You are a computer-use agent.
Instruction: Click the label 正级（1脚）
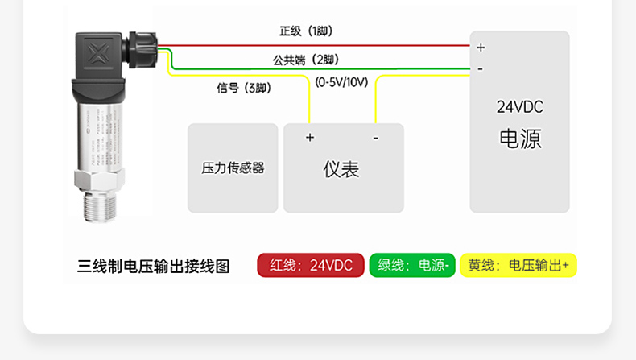(306, 31)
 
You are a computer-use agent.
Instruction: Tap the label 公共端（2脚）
(306, 60)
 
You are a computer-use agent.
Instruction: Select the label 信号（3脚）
(244, 88)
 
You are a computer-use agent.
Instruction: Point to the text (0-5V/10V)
(342, 82)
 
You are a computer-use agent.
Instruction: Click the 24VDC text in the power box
(519, 107)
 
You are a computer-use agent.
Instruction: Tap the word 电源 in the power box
(520, 139)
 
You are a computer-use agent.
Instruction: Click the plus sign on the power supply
(481, 48)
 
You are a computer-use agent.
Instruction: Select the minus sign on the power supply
(480, 68)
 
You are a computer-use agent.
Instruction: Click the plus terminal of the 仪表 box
(310, 138)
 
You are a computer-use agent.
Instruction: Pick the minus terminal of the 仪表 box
(375, 138)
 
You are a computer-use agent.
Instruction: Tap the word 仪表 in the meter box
(341, 169)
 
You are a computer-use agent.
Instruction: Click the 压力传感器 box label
(233, 168)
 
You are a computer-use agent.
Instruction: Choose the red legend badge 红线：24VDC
(311, 266)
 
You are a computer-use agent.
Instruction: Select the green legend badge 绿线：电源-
(411, 266)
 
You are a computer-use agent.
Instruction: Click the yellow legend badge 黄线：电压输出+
(518, 266)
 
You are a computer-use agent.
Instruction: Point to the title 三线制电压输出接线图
(154, 266)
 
